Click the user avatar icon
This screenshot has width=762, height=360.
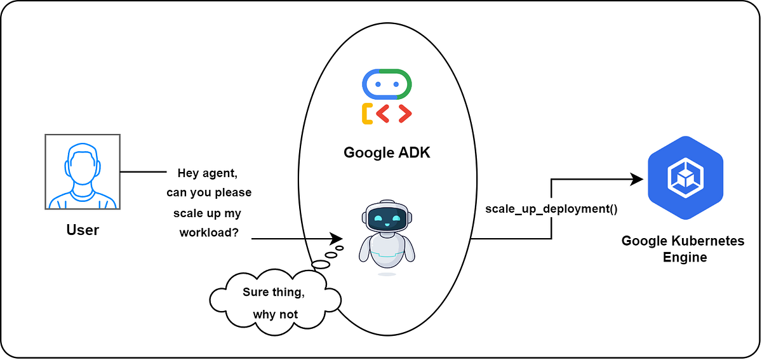pos(83,171)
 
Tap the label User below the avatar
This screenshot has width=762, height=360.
pos(83,230)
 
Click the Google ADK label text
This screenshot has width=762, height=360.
pos(387,152)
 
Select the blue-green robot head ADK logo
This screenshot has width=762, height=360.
pos(387,84)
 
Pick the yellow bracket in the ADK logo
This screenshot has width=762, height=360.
pos(366,114)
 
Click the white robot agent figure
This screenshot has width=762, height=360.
pos(387,235)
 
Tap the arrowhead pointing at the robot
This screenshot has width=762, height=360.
pos(337,239)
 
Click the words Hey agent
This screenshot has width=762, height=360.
pos(209,173)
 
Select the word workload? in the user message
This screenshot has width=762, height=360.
pos(209,232)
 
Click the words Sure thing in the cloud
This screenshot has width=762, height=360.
pos(274,293)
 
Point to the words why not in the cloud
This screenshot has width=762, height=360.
pos(275,314)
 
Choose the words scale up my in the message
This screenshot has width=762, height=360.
pos(207,213)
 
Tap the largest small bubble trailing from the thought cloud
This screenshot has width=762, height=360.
pos(321,264)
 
